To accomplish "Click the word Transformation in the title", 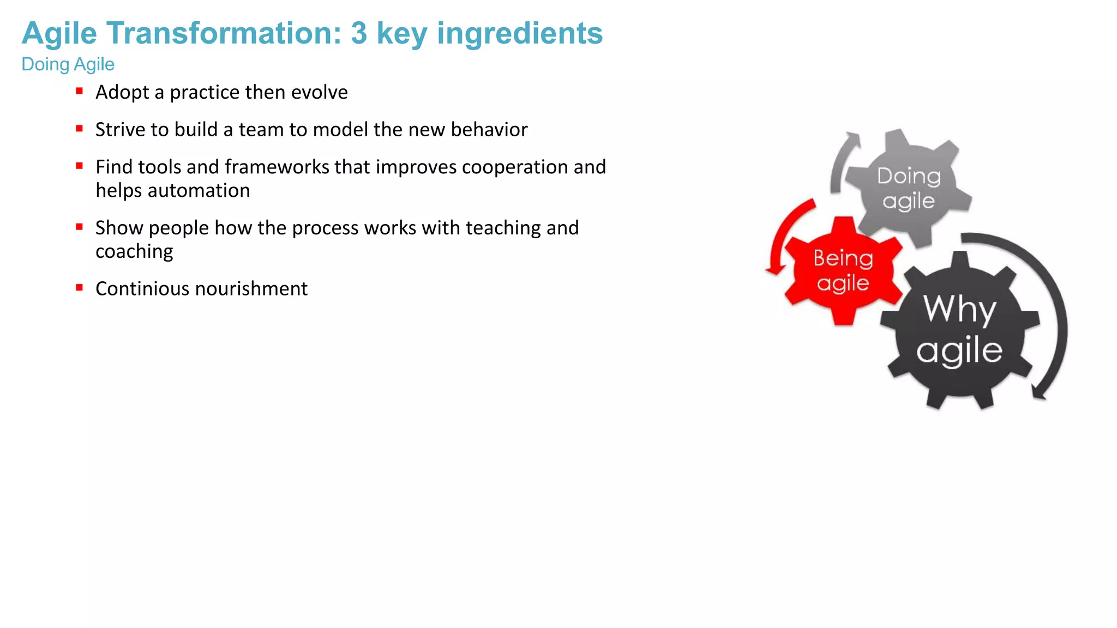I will click(224, 33).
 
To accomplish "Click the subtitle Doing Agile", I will click(68, 64).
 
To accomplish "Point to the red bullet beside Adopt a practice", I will click(80, 91).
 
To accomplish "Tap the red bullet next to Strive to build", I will click(80, 129).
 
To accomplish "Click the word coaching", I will click(134, 251).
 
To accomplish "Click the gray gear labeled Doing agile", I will click(908, 188).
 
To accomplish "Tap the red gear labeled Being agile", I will click(843, 271).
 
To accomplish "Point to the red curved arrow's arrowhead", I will click(774, 269).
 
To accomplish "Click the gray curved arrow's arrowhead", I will click(851, 138).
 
